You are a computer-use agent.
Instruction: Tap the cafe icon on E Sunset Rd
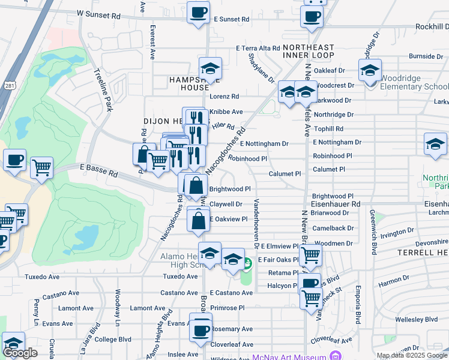[198, 11]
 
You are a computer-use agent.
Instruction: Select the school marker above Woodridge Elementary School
[370, 70]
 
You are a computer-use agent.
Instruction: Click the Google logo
[20, 353]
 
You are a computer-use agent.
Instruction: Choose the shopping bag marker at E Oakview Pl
[198, 220]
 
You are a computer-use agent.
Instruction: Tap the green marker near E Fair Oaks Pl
[247, 263]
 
